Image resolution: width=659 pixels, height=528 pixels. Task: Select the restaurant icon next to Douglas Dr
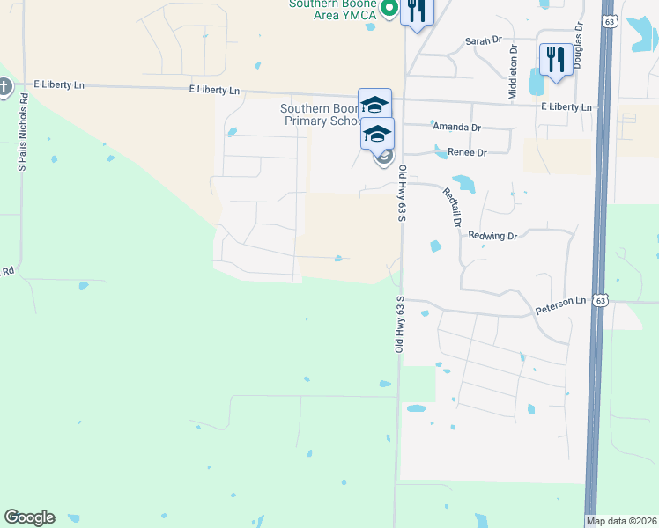pyautogui.click(x=554, y=61)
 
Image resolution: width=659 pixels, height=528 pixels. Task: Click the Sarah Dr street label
pyautogui.click(x=483, y=41)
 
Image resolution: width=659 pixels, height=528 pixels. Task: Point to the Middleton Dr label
pyautogui.click(x=513, y=55)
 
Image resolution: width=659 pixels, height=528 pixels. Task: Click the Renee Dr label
pyautogui.click(x=468, y=153)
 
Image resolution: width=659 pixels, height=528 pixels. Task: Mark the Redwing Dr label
pyautogui.click(x=492, y=236)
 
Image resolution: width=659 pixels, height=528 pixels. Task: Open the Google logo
pyautogui.click(x=29, y=517)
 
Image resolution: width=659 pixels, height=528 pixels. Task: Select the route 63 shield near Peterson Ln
pyautogui.click(x=600, y=300)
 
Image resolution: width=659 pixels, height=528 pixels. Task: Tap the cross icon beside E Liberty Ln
pyautogui.click(x=4, y=86)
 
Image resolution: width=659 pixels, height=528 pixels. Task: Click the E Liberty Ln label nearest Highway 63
pyautogui.click(x=566, y=106)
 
